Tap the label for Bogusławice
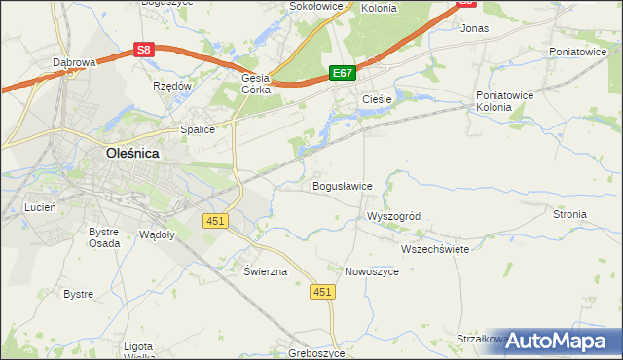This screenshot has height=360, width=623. coord(342,185)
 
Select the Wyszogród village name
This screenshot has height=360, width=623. coord(392,216)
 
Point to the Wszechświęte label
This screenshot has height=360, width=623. coord(435,249)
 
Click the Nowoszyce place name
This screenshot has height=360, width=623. coord(372,271)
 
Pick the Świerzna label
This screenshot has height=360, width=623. coord(265,271)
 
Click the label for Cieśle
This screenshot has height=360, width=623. coord(376,100)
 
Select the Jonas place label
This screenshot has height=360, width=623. coord(474,29)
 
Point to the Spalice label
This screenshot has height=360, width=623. coord(197,128)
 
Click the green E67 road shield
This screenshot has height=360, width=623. coord(343,73)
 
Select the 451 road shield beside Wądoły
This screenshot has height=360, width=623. coord(215,221)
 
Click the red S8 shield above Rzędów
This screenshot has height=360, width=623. coord(144,49)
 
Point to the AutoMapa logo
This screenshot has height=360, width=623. coord(558,341)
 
